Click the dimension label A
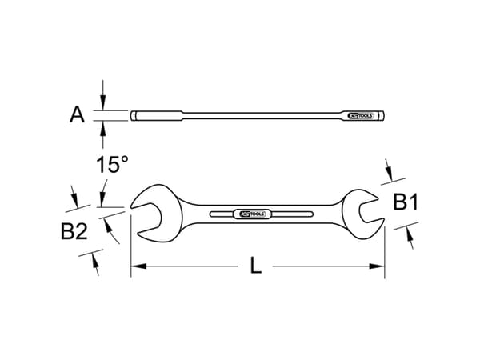77,115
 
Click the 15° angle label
112,166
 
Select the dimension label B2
74,232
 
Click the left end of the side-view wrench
133,116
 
